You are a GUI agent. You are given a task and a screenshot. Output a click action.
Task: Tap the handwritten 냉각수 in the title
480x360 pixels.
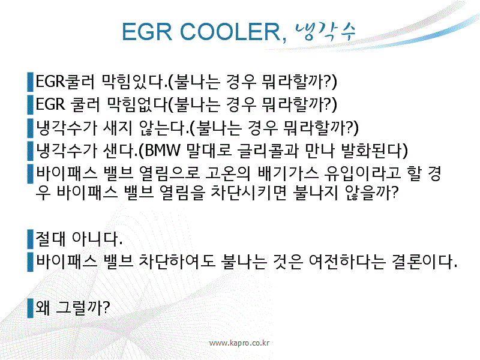(325, 31)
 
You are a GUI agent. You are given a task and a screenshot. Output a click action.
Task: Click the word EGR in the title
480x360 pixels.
(147, 32)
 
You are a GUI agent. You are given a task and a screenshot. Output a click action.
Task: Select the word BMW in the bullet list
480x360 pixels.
(162, 151)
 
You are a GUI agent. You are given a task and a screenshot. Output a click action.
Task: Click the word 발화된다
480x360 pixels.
(371, 151)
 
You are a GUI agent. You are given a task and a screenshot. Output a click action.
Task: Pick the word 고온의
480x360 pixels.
(227, 173)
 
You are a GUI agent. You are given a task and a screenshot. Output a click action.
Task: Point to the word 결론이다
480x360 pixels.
(424, 262)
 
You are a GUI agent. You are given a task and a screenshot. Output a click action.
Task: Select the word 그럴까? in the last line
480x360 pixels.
(83, 308)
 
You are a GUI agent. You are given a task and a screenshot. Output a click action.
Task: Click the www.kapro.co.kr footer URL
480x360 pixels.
(239, 343)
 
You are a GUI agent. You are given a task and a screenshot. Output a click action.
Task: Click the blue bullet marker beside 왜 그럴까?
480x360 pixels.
(30, 308)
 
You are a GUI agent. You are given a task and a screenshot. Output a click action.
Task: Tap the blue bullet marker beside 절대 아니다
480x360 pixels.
(30, 239)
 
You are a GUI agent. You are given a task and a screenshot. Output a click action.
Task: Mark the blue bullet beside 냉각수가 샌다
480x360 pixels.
(30, 151)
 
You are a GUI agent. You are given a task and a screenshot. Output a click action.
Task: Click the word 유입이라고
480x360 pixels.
(362, 173)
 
